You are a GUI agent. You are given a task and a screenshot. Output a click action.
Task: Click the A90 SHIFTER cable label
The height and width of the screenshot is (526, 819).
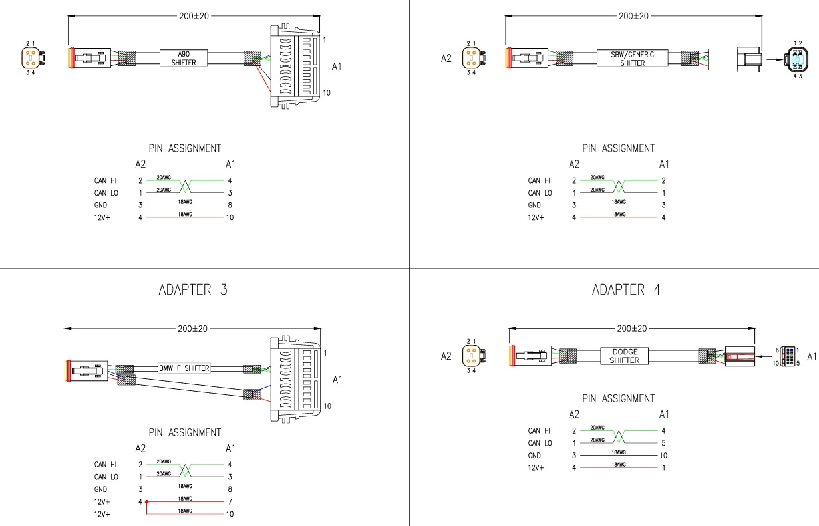[183, 58]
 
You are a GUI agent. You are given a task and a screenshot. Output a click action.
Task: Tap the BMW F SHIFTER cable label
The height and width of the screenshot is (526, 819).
[184, 368]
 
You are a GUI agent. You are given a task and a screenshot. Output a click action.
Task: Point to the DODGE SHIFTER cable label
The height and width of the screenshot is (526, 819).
[624, 356]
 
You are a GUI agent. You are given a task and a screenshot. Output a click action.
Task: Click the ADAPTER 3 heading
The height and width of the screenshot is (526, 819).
[194, 290]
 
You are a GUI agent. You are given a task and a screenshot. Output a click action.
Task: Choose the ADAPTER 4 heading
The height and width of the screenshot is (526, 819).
[626, 290]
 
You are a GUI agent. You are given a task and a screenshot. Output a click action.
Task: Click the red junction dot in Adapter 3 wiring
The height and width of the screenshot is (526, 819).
[147, 502]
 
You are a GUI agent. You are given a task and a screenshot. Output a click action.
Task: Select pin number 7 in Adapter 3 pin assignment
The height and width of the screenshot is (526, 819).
[230, 502]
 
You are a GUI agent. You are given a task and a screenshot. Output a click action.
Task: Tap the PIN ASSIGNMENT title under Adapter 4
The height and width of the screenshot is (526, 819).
[618, 398]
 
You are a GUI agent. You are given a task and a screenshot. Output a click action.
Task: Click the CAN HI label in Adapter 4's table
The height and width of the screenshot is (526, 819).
[539, 431]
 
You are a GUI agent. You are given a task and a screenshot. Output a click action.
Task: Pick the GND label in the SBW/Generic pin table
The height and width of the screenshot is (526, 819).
[534, 205]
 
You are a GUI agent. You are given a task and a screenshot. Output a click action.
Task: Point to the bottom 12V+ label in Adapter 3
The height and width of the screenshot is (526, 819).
[102, 515]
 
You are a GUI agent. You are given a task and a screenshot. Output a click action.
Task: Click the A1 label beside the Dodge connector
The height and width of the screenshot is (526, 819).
[812, 357]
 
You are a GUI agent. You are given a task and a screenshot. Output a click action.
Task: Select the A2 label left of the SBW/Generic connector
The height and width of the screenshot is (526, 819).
[447, 58]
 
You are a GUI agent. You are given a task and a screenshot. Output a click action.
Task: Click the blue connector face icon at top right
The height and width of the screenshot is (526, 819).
[797, 59]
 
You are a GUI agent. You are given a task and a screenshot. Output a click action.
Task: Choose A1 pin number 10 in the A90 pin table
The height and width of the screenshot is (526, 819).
[230, 217]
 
